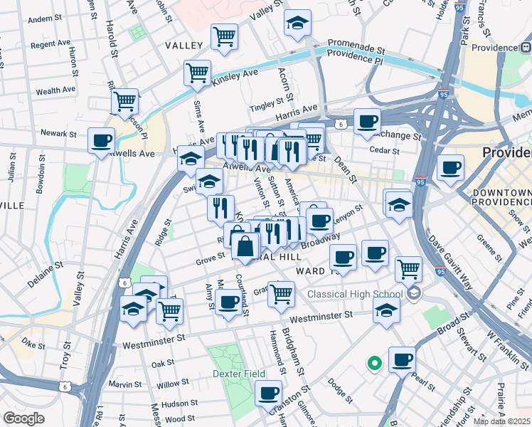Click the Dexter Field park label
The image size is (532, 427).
tap(238, 374)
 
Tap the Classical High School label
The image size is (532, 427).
tap(355, 294)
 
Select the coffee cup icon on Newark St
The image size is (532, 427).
tap(102, 139)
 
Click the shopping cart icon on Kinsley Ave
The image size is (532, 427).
tap(197, 73)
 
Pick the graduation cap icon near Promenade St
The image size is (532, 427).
tap(297, 23)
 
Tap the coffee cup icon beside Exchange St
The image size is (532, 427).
tap(367, 122)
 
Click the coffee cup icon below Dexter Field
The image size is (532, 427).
tap(268, 393)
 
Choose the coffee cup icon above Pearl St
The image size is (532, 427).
tap(402, 360)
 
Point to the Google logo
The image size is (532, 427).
tap(23, 418)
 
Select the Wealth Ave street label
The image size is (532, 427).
tap(55, 91)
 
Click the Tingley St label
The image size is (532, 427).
tap(267, 105)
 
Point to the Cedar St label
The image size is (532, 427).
tap(385, 149)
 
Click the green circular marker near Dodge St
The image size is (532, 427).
tap(374, 364)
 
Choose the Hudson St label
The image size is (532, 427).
tap(174, 404)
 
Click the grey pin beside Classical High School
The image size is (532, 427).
tap(414, 293)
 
